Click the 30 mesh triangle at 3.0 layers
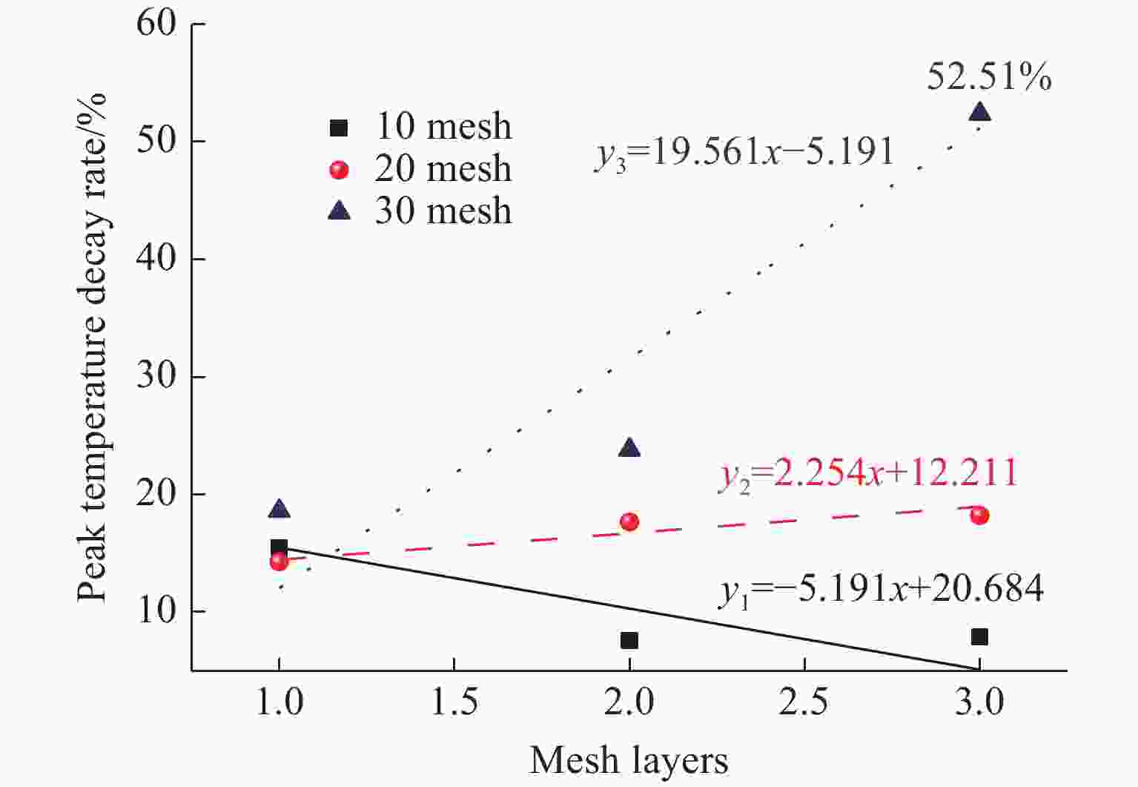pyautogui.click(x=979, y=112)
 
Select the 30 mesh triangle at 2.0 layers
pyautogui.click(x=629, y=448)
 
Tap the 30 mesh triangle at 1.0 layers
pyautogui.click(x=279, y=509)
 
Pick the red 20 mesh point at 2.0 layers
pyautogui.click(x=629, y=521)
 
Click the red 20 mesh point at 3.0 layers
pyautogui.click(x=979, y=516)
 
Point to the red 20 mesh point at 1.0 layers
pyautogui.click(x=279, y=562)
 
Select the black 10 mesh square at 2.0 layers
pyautogui.click(x=629, y=640)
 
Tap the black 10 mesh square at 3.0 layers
pyautogui.click(x=979, y=636)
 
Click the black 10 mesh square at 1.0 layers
pyautogui.click(x=279, y=547)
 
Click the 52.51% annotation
pyautogui.click(x=989, y=76)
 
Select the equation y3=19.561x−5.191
pyautogui.click(x=744, y=153)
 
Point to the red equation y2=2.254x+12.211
pyautogui.click(x=868, y=473)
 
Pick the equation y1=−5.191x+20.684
pyautogui.click(x=881, y=590)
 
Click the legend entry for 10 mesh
pyautogui.click(x=420, y=127)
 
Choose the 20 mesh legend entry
pyautogui.click(x=420, y=170)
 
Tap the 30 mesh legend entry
pyautogui.click(x=420, y=211)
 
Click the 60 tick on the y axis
pyautogui.click(x=156, y=24)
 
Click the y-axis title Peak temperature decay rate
pyautogui.click(x=94, y=347)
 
